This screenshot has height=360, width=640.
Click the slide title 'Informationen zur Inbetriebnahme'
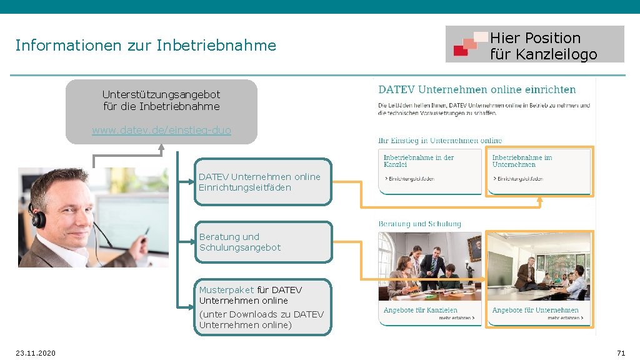(x=146, y=46)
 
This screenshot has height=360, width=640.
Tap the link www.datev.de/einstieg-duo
(x=161, y=131)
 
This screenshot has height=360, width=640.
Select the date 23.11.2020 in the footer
(x=36, y=353)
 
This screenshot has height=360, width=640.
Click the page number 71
(x=621, y=353)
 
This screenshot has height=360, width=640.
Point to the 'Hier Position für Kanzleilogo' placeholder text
(x=543, y=46)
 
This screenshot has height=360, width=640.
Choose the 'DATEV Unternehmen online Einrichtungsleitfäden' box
(x=262, y=182)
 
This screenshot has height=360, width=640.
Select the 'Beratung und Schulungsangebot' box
(x=262, y=242)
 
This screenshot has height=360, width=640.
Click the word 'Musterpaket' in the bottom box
(x=226, y=290)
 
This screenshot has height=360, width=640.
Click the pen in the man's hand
(x=146, y=234)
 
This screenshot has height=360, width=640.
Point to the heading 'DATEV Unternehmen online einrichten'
(x=477, y=89)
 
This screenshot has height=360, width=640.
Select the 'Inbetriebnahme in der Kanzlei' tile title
(x=419, y=161)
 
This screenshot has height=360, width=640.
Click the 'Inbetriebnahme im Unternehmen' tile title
(x=522, y=161)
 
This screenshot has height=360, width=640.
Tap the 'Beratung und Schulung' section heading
(x=419, y=224)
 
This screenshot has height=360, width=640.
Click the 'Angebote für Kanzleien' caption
(x=420, y=310)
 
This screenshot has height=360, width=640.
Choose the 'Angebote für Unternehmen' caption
(x=535, y=310)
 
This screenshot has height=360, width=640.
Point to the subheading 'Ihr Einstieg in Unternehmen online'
(x=440, y=141)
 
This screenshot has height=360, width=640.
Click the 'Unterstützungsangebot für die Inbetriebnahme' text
(x=161, y=100)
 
